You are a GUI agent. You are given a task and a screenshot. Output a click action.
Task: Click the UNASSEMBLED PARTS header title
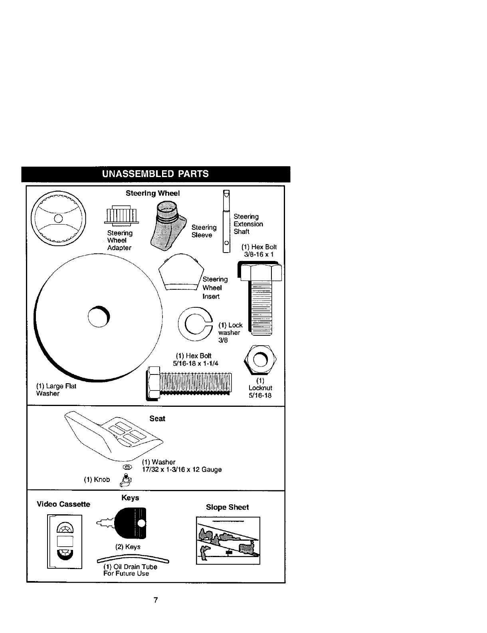[155, 174]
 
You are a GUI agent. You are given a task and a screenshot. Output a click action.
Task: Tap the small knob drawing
[126, 479]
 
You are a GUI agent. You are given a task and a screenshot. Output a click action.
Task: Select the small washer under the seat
[128, 467]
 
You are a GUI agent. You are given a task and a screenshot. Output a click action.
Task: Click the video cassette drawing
[65, 541]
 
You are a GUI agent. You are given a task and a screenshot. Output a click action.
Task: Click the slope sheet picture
[228, 540]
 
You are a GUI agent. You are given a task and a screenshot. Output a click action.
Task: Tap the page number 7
[156, 600]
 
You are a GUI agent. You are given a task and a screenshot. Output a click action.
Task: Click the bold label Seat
[157, 418]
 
